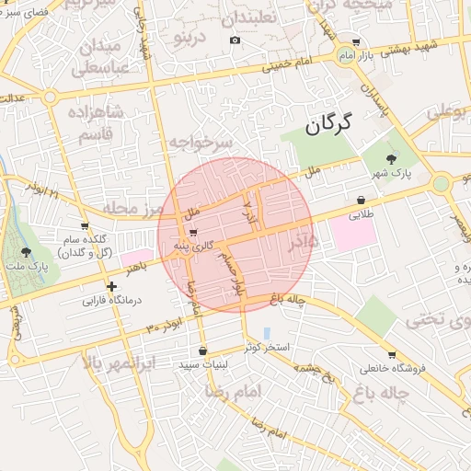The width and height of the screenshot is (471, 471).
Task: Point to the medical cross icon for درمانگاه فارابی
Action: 112,286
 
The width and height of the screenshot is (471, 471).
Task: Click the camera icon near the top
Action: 235,40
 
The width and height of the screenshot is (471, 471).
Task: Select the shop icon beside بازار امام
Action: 356,43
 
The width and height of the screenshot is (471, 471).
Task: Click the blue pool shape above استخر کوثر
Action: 267,332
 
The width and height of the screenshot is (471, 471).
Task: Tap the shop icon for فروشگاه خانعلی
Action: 391,354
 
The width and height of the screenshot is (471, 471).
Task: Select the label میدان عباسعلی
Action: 97,57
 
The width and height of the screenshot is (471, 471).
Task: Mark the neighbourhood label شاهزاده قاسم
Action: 96,121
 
